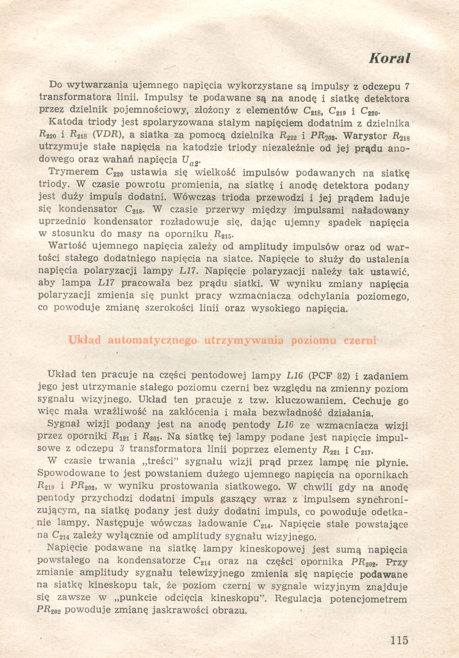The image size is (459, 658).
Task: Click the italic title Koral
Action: pyautogui.click(x=389, y=58)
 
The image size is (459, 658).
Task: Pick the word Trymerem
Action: pyautogui.click(x=74, y=172)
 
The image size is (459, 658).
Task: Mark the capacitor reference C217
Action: pyautogui.click(x=363, y=450)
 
